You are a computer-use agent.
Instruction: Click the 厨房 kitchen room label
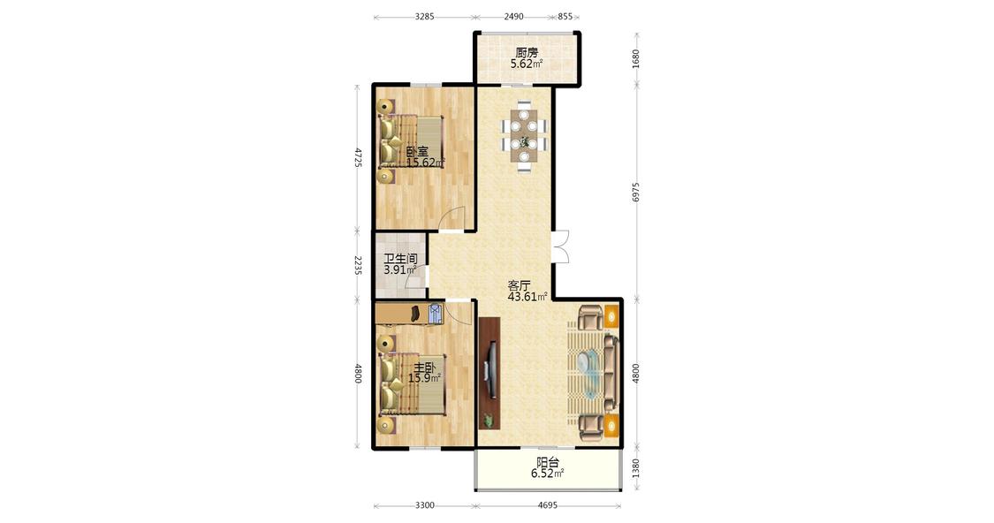click(x=527, y=53)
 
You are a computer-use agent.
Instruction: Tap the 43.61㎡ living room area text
click(x=527, y=296)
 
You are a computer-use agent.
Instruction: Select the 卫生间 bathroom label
click(x=400, y=259)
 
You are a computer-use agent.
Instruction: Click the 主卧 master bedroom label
click(x=425, y=368)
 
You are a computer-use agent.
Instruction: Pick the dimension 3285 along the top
click(x=425, y=17)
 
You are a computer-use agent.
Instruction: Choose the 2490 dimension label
click(x=514, y=17)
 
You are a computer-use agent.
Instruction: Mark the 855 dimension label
click(x=565, y=17)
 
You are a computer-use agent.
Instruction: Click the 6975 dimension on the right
click(x=636, y=192)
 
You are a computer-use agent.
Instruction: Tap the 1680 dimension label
click(x=636, y=58)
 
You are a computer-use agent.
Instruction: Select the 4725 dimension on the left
click(x=357, y=157)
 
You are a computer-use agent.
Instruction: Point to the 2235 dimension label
click(x=357, y=265)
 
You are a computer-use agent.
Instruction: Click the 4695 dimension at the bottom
click(x=548, y=505)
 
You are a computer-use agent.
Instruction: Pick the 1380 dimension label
click(x=636, y=469)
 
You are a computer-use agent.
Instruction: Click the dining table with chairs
click(x=524, y=136)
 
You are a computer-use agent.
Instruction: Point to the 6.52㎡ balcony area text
click(x=547, y=474)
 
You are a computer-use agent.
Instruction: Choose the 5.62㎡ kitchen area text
click(x=527, y=64)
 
